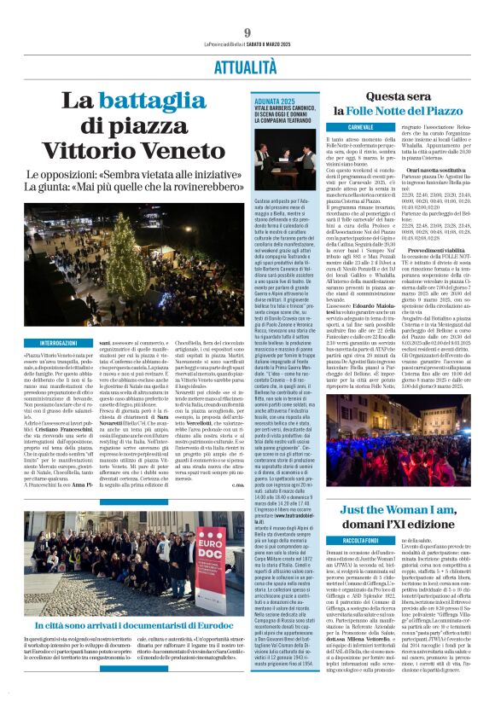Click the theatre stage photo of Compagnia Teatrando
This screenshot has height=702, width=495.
pos(277,153)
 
